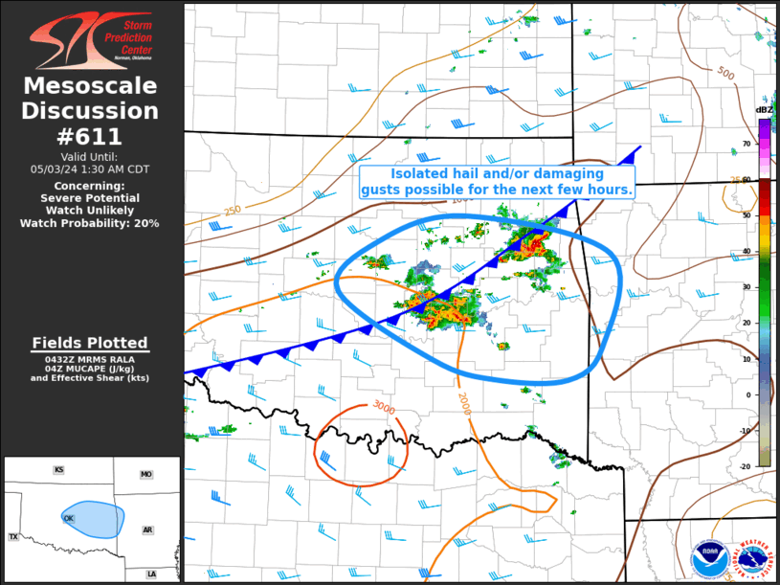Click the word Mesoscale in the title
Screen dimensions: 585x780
pos(90,86)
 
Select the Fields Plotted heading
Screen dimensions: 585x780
pos(90,343)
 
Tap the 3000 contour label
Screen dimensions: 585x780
pos(384,405)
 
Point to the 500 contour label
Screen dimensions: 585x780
pos(725,74)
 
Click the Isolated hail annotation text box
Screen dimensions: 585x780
pos(497,182)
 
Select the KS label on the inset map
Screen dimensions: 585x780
pos(58,470)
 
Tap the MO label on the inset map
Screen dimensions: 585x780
pos(145,474)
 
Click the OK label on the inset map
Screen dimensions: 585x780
pos(69,518)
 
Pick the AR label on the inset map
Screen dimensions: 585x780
pos(148,529)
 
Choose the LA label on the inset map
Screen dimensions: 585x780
pos(151,574)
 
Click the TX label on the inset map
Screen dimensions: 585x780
pos(13,537)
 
